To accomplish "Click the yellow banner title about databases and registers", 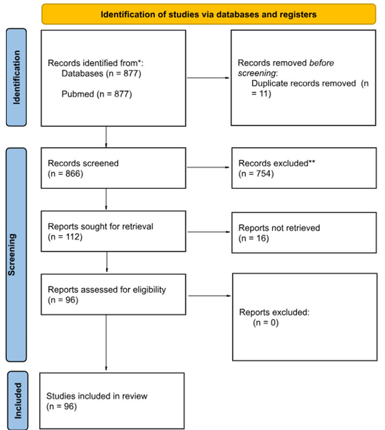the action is (x=209, y=14).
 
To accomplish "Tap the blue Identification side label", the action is (x=16, y=77).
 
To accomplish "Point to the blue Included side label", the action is (x=18, y=401).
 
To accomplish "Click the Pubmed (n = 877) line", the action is (x=97, y=94).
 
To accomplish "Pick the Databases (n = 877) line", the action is (x=101, y=73).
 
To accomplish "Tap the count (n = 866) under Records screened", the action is (x=65, y=173).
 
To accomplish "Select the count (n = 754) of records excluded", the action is (x=256, y=173).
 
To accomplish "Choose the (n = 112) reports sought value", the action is (x=65, y=237).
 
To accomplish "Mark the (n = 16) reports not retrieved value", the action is (x=254, y=238).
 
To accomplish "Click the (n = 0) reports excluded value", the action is (x=266, y=322).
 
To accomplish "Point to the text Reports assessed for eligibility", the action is (x=107, y=289).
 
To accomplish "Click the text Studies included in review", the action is (x=97, y=396).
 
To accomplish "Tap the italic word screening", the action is (x=257, y=73).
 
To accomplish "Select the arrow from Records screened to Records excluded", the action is (x=208, y=167).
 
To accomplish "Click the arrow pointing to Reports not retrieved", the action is (x=209, y=232).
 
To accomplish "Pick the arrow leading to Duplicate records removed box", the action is (x=208, y=78).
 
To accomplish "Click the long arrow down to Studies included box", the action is (x=106, y=342).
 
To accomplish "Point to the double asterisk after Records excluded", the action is (x=312, y=162).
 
